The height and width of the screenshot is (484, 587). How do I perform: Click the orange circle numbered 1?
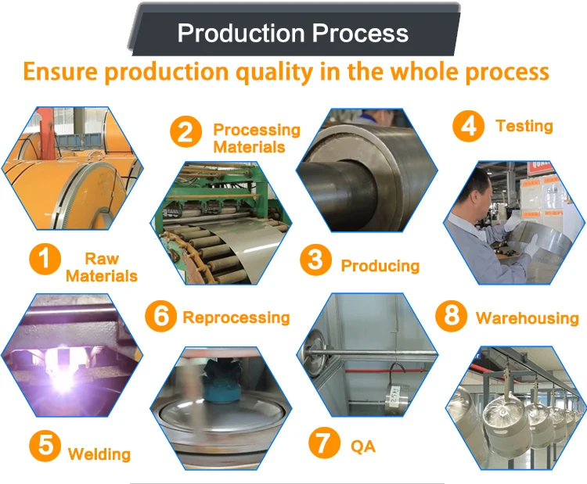pos(45,260)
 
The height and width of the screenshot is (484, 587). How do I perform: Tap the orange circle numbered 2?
pos(185,131)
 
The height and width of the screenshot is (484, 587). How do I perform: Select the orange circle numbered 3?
pos(315,260)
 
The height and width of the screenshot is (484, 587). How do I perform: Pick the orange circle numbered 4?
pos(469,126)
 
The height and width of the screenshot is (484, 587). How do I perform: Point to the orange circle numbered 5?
pos(45,446)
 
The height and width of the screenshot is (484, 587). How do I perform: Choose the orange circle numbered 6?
pos(160,315)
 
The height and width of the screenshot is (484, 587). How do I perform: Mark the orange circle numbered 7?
pos(323,443)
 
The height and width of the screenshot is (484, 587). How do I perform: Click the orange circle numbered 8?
pos(451,315)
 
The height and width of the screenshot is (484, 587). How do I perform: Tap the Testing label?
pos(524,126)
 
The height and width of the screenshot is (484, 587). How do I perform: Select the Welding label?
pos(99,454)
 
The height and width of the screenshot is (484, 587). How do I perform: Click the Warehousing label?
pos(527,317)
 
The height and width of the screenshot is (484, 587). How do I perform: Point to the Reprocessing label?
pos(236,317)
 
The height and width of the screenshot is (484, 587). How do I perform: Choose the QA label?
pos(362,446)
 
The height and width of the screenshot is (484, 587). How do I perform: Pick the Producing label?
pos(380,266)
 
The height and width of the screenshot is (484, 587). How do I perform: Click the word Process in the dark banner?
pos(359,34)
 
